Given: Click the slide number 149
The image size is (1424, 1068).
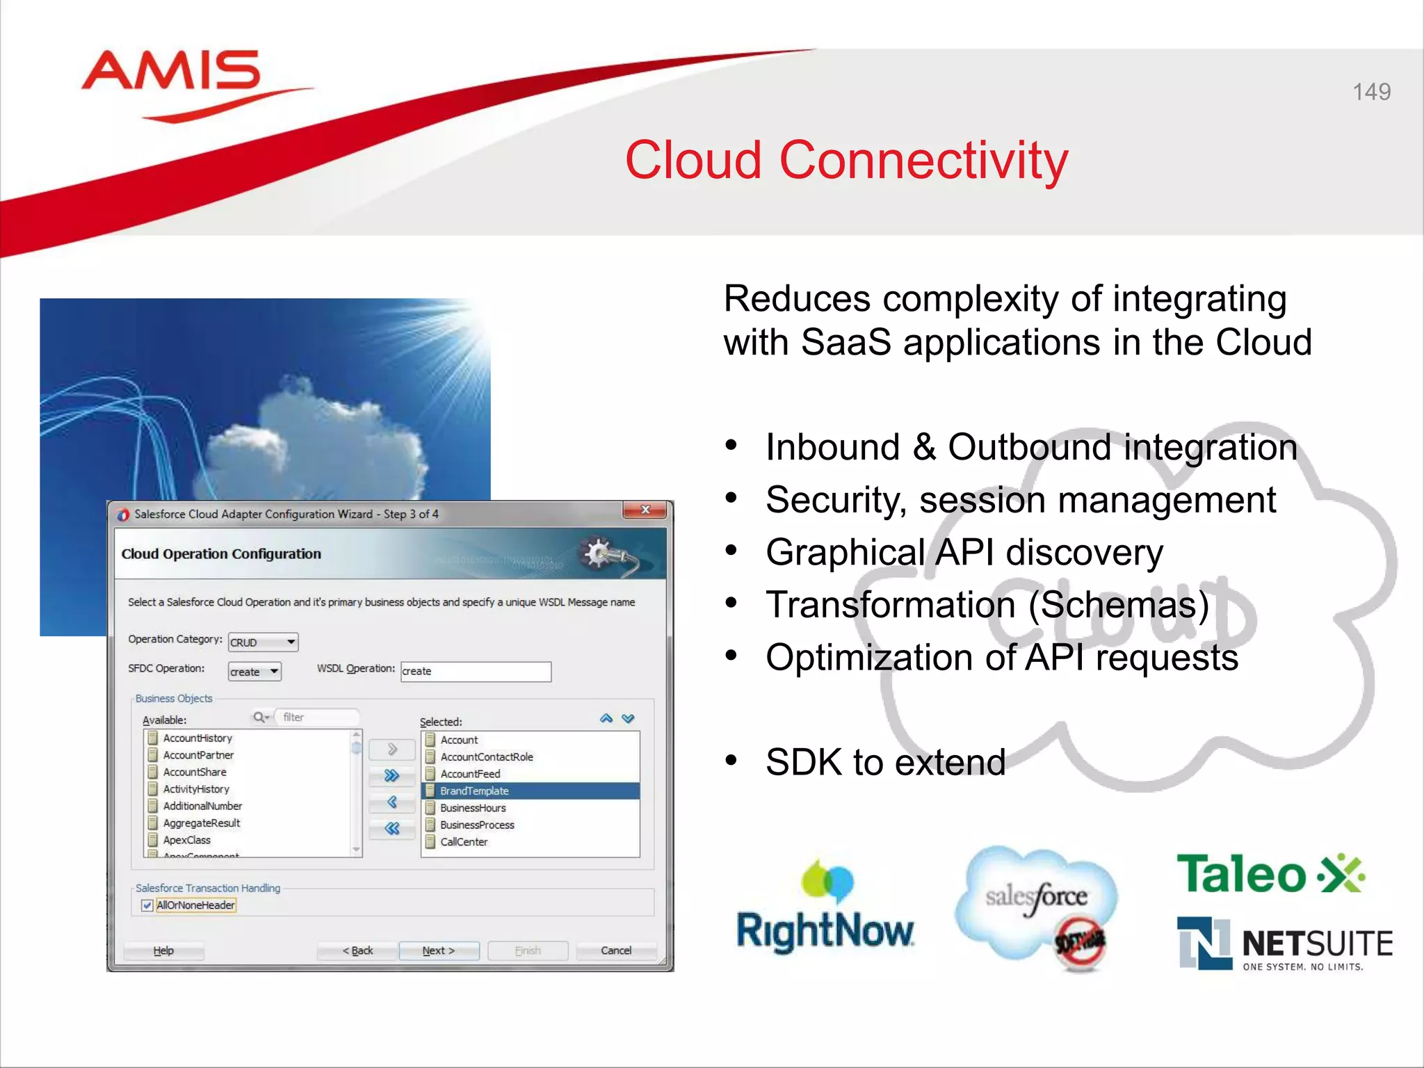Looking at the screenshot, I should (1371, 92).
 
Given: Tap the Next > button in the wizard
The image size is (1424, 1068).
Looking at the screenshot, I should (439, 950).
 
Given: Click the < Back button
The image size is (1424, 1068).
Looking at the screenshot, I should (357, 950).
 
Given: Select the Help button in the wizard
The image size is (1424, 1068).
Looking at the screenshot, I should (163, 950).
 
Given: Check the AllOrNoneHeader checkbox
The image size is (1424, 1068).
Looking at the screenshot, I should (147, 905).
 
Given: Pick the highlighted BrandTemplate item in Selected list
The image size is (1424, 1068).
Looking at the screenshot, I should (475, 791).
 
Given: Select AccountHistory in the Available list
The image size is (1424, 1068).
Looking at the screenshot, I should (197, 738).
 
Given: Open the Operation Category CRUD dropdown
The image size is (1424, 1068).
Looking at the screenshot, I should (263, 642).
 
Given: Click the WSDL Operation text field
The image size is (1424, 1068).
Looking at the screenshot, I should (476, 672).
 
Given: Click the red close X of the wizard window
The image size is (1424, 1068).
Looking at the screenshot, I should (645, 510).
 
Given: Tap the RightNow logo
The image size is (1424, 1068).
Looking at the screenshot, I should (825, 911).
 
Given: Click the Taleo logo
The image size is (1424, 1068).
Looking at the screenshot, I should (1270, 875).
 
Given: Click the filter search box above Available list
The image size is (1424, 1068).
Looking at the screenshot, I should (318, 718).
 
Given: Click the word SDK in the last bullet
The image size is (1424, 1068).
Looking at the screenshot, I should (804, 762).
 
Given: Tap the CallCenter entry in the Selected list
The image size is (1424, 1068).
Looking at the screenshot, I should (464, 842).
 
